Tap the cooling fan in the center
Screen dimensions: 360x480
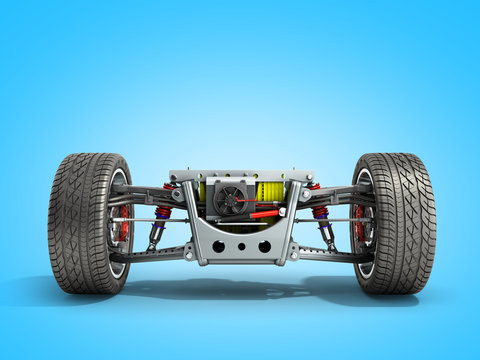(x=229, y=198)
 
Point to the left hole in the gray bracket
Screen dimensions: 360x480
(x=218, y=246)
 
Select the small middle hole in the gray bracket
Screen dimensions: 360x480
(x=241, y=246)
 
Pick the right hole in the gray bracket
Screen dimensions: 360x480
(x=264, y=246)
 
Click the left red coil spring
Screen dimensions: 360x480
(x=163, y=212)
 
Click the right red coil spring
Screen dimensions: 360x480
(x=320, y=212)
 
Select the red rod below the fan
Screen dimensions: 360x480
(x=265, y=213)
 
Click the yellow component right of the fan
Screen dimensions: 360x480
(x=270, y=191)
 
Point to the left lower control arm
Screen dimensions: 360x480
(x=150, y=255)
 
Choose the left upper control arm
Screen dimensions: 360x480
(x=150, y=192)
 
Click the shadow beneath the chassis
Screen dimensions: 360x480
(x=240, y=289)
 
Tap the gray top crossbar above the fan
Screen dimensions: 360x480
(x=240, y=175)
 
